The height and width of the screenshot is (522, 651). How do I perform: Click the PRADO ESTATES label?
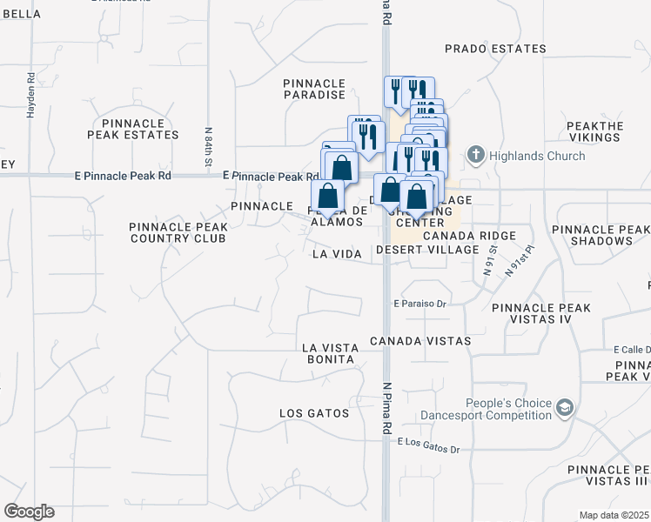(495, 49)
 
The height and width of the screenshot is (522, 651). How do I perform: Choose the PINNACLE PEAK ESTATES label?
(133, 129)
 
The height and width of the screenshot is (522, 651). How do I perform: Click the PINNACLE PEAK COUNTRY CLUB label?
(178, 232)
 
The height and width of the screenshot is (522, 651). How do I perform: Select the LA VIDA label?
(337, 253)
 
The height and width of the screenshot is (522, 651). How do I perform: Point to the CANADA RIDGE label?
(469, 236)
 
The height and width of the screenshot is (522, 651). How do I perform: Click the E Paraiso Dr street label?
(419, 304)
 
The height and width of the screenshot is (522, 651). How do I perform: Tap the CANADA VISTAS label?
(419, 341)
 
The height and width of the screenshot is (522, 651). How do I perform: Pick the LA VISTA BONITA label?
(328, 353)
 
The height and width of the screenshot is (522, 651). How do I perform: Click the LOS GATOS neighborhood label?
(313, 412)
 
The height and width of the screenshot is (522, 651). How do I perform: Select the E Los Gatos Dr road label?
(427, 443)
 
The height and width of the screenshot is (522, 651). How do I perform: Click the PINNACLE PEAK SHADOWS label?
(601, 235)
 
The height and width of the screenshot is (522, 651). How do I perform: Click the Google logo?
(29, 512)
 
